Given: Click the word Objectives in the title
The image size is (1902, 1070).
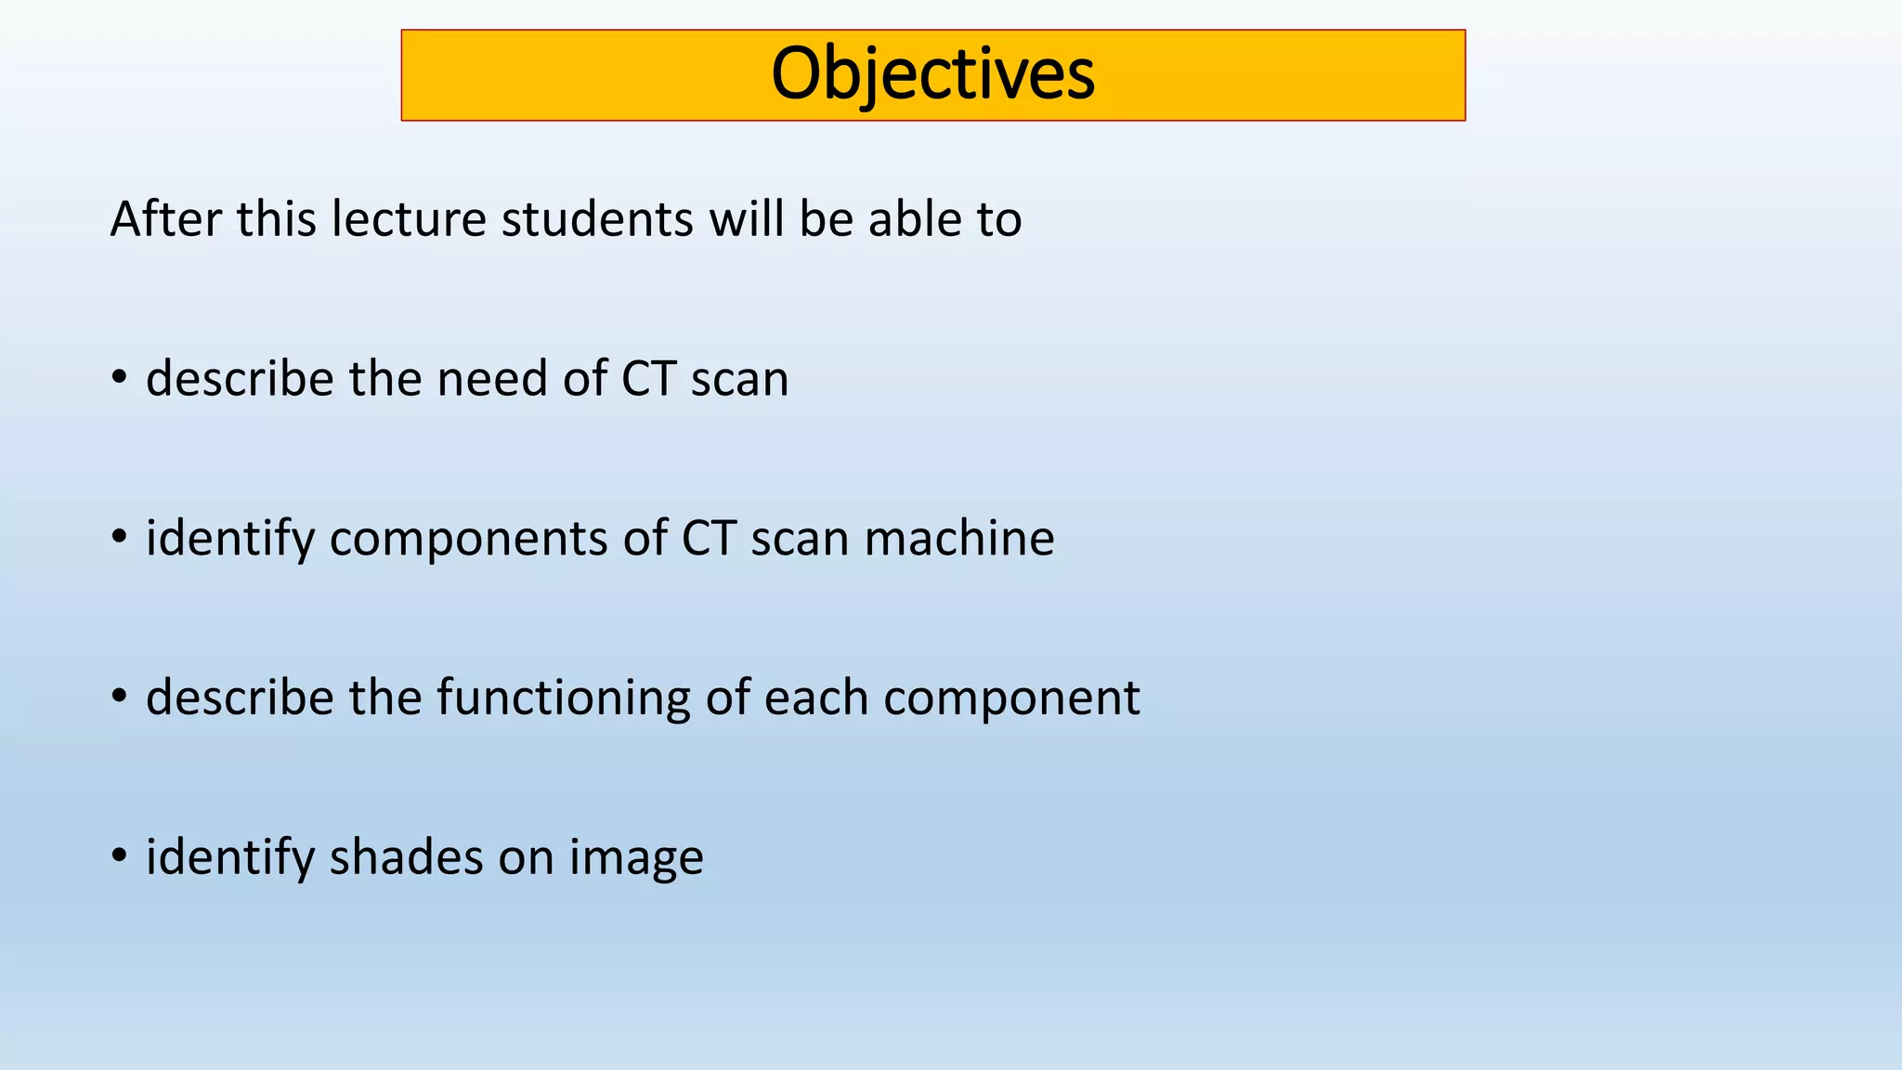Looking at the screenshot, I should click(x=932, y=74).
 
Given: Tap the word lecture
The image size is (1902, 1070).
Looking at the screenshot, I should click(x=409, y=219).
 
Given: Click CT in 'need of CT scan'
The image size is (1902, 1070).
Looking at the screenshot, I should click(x=647, y=379).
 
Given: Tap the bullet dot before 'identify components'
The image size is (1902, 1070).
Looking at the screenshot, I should click(x=118, y=537).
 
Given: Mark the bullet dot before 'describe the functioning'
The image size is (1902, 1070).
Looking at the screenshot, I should click(x=118, y=696).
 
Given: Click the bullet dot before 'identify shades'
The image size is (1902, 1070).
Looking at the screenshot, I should click(x=118, y=855).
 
